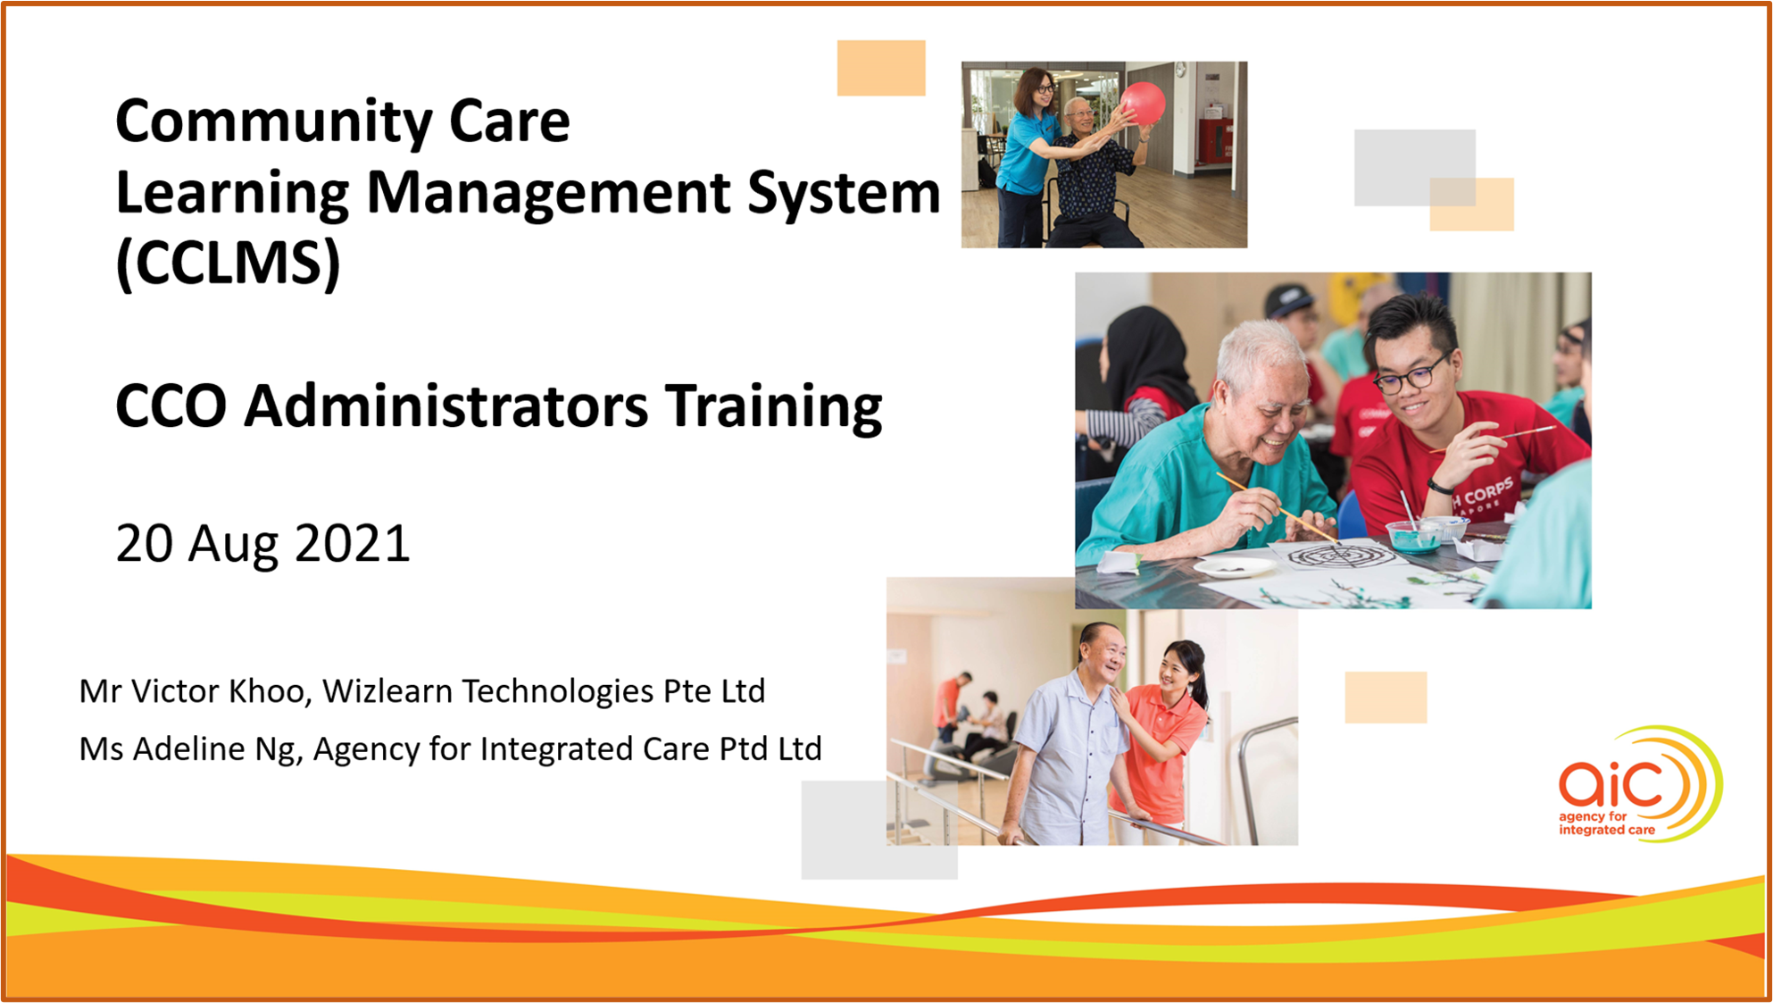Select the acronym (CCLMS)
(229, 263)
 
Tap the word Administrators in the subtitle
(446, 406)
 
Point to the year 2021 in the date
(353, 543)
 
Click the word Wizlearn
(387, 691)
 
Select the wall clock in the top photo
(1180, 70)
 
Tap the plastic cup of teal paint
(1413, 536)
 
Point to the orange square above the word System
(881, 68)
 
